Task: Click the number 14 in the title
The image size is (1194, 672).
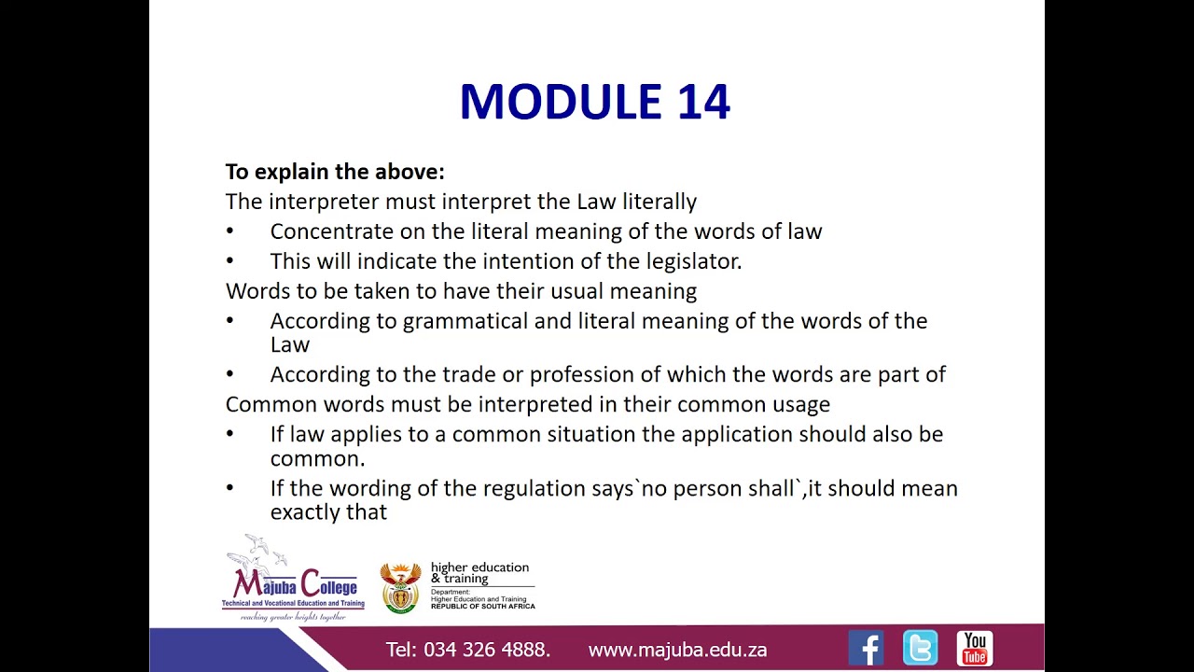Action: [x=704, y=102]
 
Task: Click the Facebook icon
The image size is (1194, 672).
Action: [x=866, y=648]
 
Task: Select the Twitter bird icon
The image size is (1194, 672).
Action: [x=920, y=648]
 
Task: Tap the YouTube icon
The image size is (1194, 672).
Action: [x=975, y=648]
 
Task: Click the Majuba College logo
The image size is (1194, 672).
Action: [x=293, y=579]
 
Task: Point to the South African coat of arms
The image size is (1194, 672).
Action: [x=401, y=587]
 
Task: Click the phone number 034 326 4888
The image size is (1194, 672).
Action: [x=486, y=650]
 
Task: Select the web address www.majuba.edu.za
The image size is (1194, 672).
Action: [x=677, y=650]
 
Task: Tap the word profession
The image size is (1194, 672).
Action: [x=579, y=374]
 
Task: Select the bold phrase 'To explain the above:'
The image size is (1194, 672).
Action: [x=335, y=172]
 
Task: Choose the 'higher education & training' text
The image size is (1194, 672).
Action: [x=479, y=572]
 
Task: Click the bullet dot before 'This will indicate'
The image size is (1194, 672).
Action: [x=230, y=261]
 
